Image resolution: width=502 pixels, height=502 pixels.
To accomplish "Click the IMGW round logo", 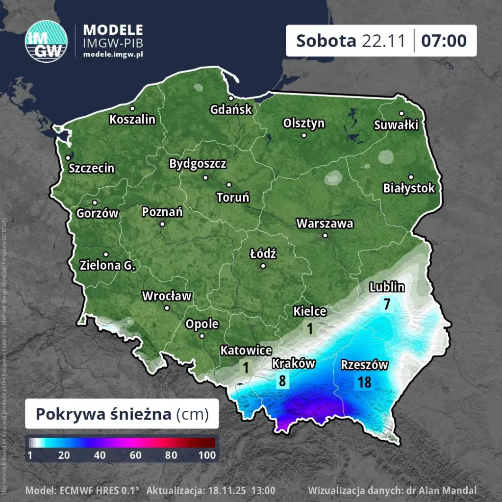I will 47,41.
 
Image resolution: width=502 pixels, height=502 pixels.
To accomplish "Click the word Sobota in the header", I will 326,41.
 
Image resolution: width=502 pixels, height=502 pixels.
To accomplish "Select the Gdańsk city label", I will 231,109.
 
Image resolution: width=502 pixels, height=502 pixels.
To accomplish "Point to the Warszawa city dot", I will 325,235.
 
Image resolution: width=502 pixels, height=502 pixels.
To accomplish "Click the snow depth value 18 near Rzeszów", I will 364,382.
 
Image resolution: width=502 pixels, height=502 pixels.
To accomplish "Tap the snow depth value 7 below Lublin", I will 387,304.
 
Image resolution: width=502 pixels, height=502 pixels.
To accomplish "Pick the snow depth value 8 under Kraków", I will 282,380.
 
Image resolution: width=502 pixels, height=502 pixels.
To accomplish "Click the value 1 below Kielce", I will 310,328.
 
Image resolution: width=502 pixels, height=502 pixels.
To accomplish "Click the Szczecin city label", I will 92,169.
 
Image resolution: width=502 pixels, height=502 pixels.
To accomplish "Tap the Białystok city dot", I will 411,177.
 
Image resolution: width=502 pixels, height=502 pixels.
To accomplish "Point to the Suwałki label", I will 396,125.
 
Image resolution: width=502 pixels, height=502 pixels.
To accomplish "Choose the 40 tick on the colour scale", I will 100,455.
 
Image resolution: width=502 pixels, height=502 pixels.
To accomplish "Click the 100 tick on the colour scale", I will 207,455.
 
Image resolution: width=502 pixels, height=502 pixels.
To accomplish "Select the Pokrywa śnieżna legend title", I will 105,414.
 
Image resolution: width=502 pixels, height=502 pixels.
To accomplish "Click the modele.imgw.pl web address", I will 113,53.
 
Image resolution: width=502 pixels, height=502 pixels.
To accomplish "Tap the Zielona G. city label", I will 107,265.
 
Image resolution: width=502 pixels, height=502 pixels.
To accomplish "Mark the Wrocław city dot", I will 167,308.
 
